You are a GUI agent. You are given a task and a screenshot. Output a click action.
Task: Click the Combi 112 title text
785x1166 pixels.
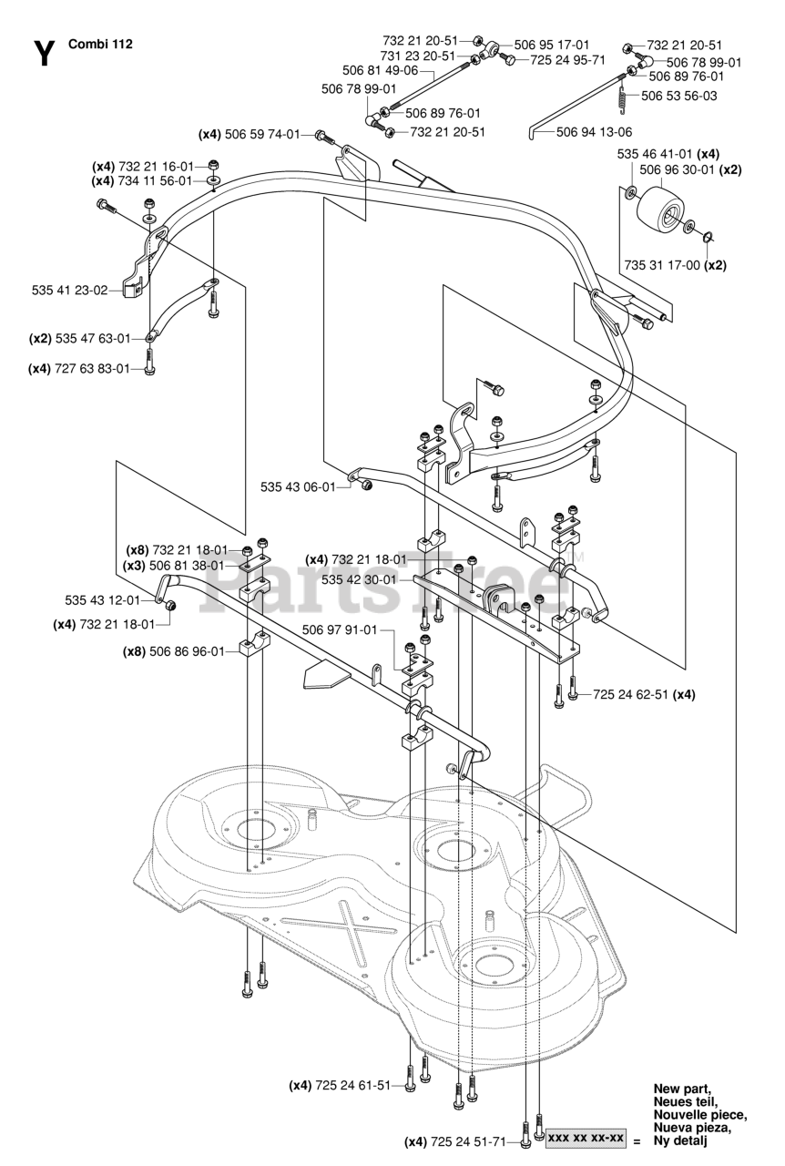click(x=99, y=43)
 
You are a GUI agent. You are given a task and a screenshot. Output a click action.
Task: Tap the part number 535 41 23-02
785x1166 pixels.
click(x=69, y=291)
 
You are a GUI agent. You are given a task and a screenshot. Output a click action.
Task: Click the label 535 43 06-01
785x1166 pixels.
click(x=298, y=486)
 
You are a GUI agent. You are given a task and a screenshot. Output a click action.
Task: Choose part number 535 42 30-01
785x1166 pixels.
click(x=359, y=579)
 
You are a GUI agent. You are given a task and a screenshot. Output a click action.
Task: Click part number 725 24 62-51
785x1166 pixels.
click(x=631, y=694)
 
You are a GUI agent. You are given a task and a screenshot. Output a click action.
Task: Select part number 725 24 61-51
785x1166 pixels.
click(x=352, y=1085)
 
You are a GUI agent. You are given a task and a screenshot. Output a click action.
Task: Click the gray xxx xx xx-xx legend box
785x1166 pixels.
click(x=585, y=1139)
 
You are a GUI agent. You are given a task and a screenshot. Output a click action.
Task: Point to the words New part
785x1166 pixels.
click(x=682, y=1089)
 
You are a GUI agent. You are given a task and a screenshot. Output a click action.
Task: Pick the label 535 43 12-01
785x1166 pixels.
click(x=102, y=600)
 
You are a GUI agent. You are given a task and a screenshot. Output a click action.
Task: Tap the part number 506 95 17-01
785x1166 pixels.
click(x=552, y=44)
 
